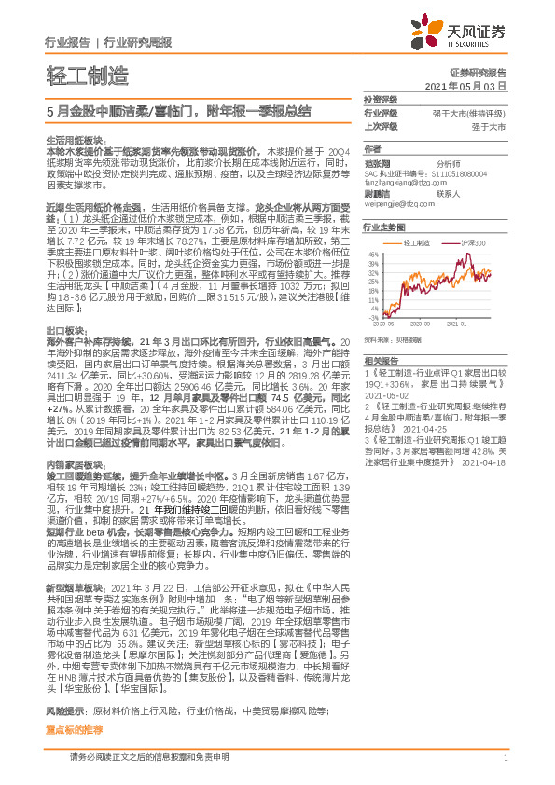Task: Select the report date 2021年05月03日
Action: (x=465, y=85)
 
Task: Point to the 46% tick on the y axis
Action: (x=373, y=253)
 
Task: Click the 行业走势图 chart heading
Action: (x=382, y=227)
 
